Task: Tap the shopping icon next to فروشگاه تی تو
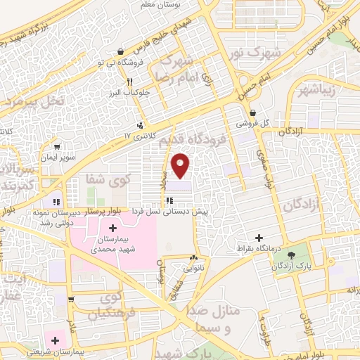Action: pos(122,51)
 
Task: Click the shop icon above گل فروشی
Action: pos(253,112)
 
